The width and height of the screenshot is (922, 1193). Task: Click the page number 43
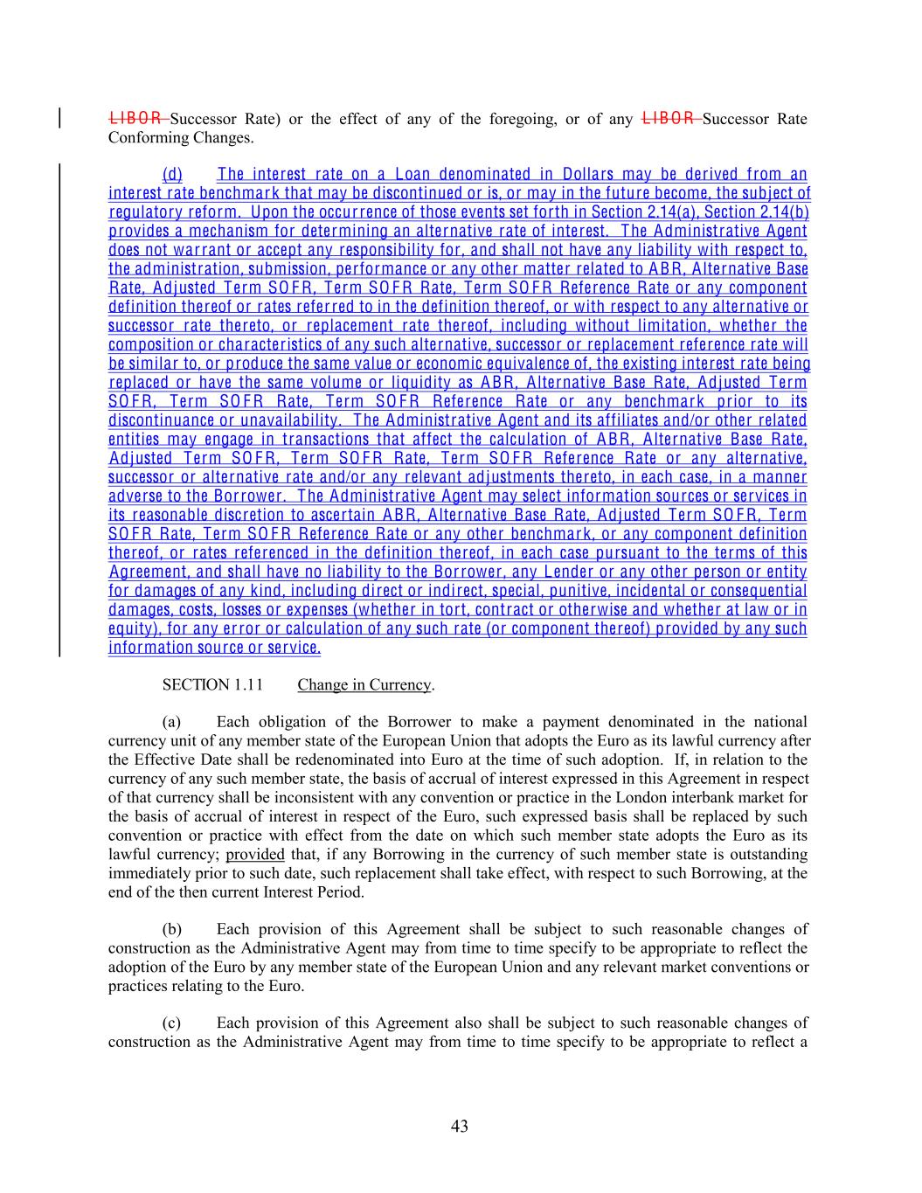pyautogui.click(x=460, y=1126)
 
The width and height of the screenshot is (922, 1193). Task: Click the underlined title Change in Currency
pyautogui.click(x=364, y=684)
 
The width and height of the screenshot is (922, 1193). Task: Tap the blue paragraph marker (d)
pyautogui.click(x=172, y=174)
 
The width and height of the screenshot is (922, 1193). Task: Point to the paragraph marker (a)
pyautogui.click(x=172, y=722)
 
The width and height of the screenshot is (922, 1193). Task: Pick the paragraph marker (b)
pyautogui.click(x=172, y=929)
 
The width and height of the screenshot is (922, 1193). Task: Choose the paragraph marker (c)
pyautogui.click(x=172, y=1023)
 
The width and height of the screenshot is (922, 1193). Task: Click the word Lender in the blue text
pyautogui.click(x=568, y=572)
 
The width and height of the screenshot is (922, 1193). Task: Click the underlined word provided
pyautogui.click(x=254, y=854)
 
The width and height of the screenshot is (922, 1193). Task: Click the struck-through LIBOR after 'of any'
pyautogui.click(x=669, y=118)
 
